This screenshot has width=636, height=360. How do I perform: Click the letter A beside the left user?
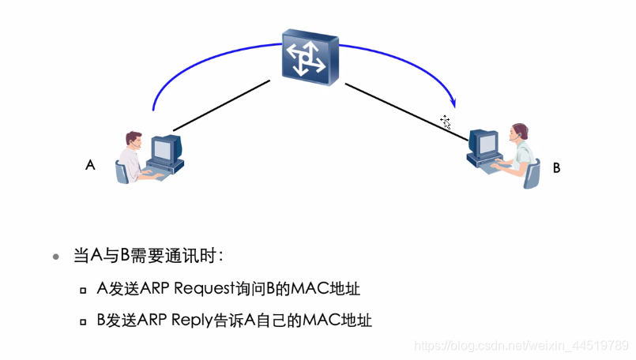pos(90,166)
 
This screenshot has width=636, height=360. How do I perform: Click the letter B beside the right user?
pos(556,168)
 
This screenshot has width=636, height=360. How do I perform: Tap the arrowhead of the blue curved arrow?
pos(453,102)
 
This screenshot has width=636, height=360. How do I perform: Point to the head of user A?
pos(133,141)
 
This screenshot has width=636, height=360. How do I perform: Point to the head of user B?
pos(518,131)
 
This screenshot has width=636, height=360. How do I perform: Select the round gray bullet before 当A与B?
pos(55,257)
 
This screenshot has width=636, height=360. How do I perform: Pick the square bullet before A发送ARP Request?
pos(83,291)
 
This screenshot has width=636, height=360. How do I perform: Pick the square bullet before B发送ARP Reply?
pos(83,321)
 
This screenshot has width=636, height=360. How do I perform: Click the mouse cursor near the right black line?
pos(446,122)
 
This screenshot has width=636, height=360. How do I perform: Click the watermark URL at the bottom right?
pos(521,347)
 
